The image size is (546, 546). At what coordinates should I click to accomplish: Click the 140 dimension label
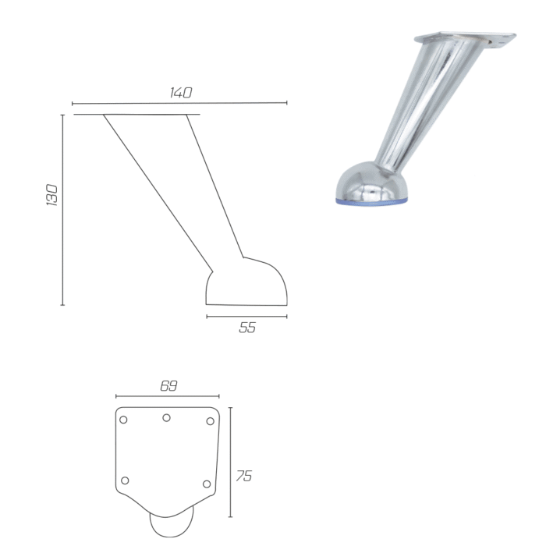pos(181,93)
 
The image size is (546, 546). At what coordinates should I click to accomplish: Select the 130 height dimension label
pos(52,195)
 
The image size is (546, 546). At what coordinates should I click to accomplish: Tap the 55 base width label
pos(247,328)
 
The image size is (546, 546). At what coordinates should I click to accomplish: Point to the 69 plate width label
pos(169,386)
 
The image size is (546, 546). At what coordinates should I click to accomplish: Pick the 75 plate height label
pos(243,476)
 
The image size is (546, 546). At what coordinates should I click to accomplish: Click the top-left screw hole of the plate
pos(123,420)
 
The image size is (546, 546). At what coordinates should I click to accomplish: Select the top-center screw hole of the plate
pos(166,417)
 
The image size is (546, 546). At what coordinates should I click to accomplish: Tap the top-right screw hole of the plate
pos(210,421)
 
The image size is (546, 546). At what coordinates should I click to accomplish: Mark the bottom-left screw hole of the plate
pos(125,480)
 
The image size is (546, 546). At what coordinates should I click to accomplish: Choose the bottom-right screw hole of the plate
pos(207,484)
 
